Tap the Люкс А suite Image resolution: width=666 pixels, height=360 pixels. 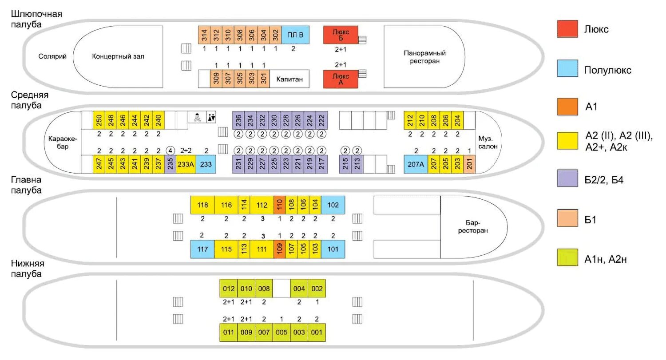pos(341,79)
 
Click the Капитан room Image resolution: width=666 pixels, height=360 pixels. pos(289,79)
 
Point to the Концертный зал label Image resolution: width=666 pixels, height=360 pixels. pos(118,56)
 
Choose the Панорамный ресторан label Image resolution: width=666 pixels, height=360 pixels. pos(424,57)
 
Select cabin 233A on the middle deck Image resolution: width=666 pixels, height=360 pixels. pos(186,164)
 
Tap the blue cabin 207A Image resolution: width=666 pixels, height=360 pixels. pos(416,164)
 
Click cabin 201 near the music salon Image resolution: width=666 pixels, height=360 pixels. pos(470,164)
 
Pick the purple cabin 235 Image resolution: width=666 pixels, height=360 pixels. pos(170,164)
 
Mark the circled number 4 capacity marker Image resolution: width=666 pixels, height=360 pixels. pos(170,150)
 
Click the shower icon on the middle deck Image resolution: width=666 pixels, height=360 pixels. pos(198,117)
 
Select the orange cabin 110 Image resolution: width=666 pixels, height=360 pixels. pos(279,205)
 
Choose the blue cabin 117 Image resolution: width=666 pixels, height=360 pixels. pos(202,249)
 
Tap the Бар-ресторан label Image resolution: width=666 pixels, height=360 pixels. pos(474,227)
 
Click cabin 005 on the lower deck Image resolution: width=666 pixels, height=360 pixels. pos(281,332)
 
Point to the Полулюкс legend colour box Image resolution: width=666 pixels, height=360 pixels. pos(567,68)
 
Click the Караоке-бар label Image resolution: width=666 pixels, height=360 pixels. pos(63,142)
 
